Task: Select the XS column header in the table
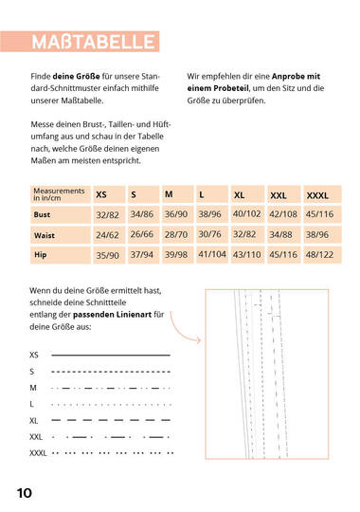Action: pyautogui.click(x=101, y=194)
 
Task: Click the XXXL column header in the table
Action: pyautogui.click(x=317, y=194)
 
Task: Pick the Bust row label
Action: pyautogui.click(x=44, y=215)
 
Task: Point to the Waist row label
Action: pyautogui.click(x=45, y=234)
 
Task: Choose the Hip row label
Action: pyautogui.click(x=41, y=254)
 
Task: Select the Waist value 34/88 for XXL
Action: pyautogui.click(x=281, y=234)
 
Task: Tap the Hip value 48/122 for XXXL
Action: pyautogui.click(x=318, y=254)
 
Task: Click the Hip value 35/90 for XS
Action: pyautogui.click(x=107, y=255)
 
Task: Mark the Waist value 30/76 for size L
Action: pyautogui.click(x=210, y=234)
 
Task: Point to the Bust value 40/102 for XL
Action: pyautogui.click(x=246, y=215)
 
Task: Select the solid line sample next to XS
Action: pyautogui.click(x=110, y=354)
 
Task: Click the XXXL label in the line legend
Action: pyautogui.click(x=39, y=453)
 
